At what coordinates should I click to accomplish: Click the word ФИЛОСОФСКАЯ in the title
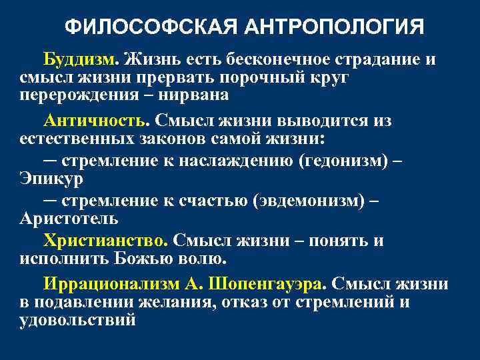150,27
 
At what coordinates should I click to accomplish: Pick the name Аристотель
69,219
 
